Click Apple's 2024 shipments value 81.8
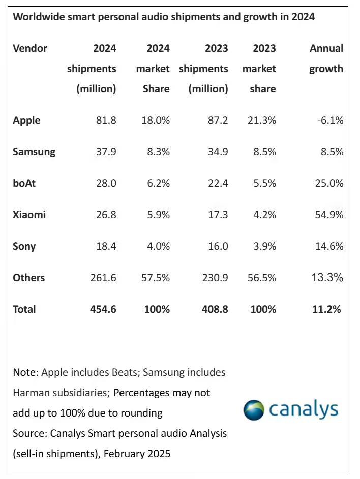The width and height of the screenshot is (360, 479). [106, 121]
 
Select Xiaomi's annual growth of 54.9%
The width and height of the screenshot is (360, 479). [328, 215]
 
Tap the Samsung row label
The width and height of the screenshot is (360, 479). [34, 152]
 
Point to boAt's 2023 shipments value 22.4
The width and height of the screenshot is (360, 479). [218, 183]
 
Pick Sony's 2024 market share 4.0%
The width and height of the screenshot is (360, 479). [156, 246]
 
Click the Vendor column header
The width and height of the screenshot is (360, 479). [30, 49]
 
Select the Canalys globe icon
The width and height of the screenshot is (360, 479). [254, 410]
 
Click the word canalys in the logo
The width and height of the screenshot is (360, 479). [304, 409]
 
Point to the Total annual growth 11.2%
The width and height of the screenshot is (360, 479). [327, 309]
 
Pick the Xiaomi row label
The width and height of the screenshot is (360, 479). [29, 215]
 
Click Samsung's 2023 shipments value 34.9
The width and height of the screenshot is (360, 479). [218, 152]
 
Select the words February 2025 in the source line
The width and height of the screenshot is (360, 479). [137, 453]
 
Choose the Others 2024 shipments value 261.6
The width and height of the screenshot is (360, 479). [101, 278]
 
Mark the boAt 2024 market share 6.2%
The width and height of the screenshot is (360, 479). [156, 183]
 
